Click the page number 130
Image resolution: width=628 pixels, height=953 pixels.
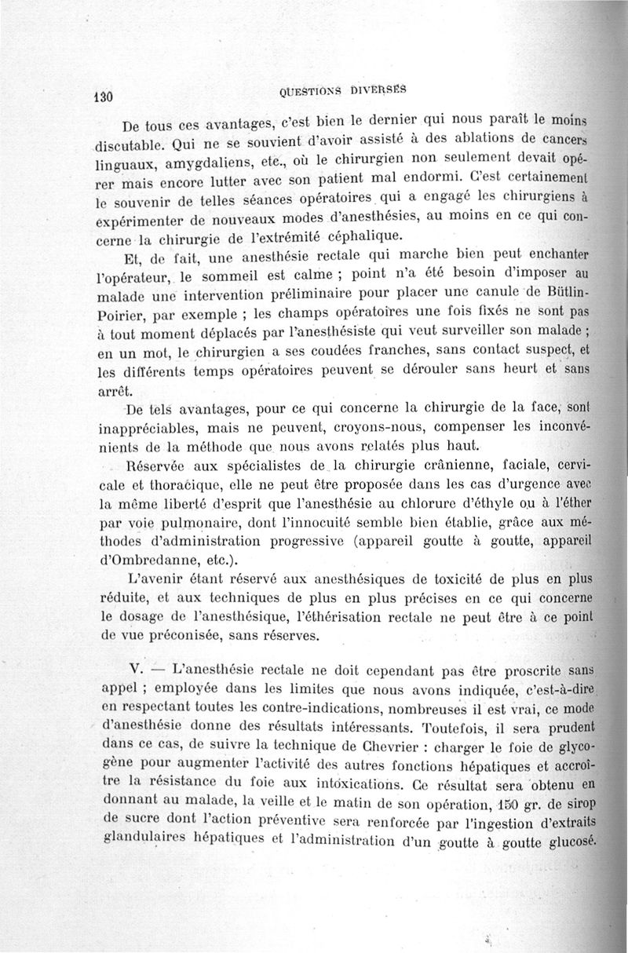[x=103, y=96]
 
